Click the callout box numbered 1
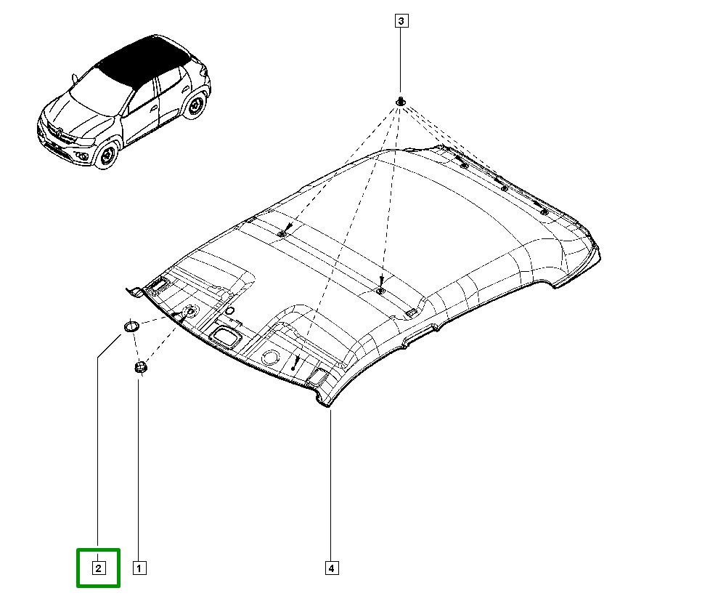[x=139, y=568]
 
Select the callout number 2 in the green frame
[x=98, y=568]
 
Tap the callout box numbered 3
[x=401, y=21]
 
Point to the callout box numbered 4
[x=331, y=568]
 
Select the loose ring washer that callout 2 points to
[x=131, y=326]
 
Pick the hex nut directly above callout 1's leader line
[x=140, y=367]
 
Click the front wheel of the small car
[x=107, y=155]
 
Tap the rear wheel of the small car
[x=195, y=107]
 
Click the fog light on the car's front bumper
[x=84, y=156]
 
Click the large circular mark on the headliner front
[x=270, y=357]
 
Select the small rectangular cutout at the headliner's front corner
[x=318, y=374]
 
